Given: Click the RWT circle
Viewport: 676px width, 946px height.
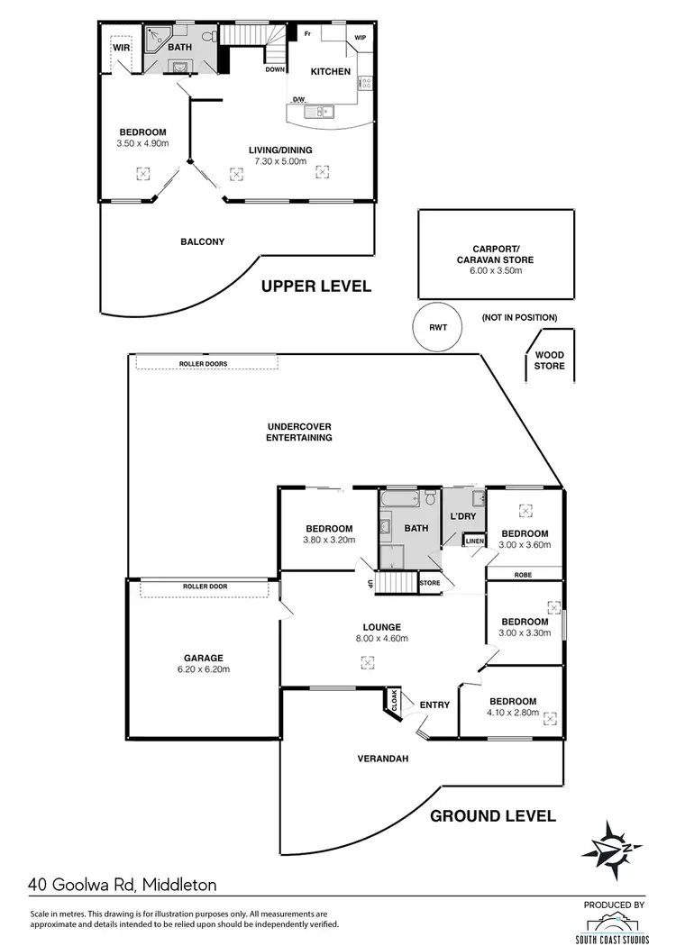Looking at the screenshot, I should (x=436, y=327).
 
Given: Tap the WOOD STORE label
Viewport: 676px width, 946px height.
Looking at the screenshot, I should (x=549, y=360).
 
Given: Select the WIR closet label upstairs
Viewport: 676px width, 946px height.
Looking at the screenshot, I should (x=120, y=48).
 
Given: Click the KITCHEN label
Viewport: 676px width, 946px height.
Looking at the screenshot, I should (x=330, y=71).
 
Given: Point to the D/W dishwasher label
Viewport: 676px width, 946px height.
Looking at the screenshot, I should (x=298, y=100).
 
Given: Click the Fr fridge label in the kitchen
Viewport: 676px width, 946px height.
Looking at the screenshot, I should (x=307, y=33).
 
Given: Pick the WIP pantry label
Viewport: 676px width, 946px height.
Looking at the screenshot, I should (x=361, y=38).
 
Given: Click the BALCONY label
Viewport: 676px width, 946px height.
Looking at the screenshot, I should (x=202, y=241).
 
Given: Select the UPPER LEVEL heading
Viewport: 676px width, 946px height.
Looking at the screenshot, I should (x=315, y=287).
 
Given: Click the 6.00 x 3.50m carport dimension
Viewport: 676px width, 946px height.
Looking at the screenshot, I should (x=496, y=270).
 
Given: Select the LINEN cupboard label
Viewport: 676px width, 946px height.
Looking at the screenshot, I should (x=475, y=541).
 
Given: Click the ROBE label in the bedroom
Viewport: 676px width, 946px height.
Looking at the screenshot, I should (x=524, y=573).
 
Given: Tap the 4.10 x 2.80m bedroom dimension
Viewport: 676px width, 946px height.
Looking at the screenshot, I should (x=512, y=714).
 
